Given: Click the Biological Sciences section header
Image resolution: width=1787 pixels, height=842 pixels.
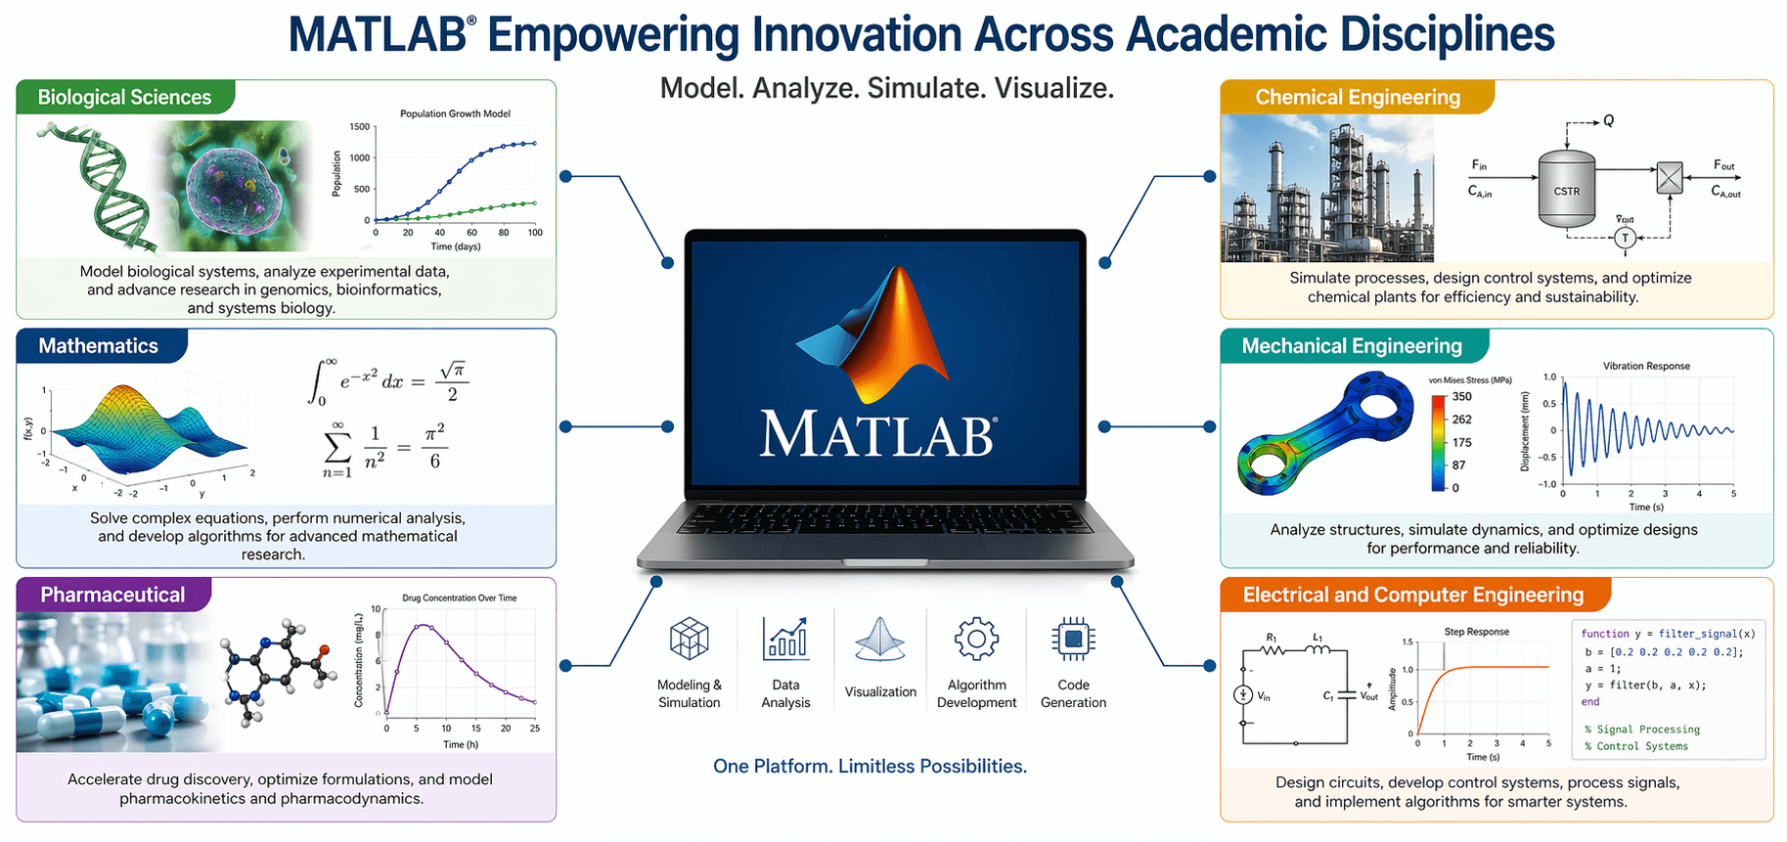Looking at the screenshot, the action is tap(124, 97).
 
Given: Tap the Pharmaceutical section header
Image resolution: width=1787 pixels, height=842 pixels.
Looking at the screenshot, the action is tap(112, 595).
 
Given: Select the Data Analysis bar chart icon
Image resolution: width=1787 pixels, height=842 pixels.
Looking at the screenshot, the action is tap(785, 638).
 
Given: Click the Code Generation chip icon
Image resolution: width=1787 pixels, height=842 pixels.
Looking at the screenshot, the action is tap(1073, 640).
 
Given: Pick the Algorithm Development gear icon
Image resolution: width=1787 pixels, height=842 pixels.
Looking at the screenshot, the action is tap(976, 640).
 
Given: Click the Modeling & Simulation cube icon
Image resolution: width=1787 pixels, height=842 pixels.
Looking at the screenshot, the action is tap(689, 640).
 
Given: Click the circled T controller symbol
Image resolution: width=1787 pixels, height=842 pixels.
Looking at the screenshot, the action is tap(1625, 238).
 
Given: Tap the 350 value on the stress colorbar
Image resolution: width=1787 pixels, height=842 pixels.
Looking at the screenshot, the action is tap(1461, 396).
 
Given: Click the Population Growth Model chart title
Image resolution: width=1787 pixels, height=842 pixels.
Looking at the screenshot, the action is tap(455, 113).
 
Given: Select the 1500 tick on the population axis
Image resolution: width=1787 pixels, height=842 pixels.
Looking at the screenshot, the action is tap(360, 127).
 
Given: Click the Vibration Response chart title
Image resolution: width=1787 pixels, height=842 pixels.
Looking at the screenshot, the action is tap(1646, 366).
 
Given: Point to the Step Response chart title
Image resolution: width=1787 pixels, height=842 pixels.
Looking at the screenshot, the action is tap(1476, 632).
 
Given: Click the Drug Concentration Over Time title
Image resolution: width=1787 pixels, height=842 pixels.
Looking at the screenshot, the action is tap(460, 598).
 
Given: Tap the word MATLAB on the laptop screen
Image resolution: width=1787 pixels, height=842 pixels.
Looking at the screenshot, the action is tap(877, 434).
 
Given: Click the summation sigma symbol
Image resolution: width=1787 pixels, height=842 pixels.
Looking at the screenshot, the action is tap(336, 446).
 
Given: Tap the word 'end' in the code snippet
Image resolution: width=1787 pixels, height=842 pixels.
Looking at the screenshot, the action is tap(1590, 702).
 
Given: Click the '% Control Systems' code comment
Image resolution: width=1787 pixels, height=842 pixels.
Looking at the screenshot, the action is tap(1636, 746).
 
